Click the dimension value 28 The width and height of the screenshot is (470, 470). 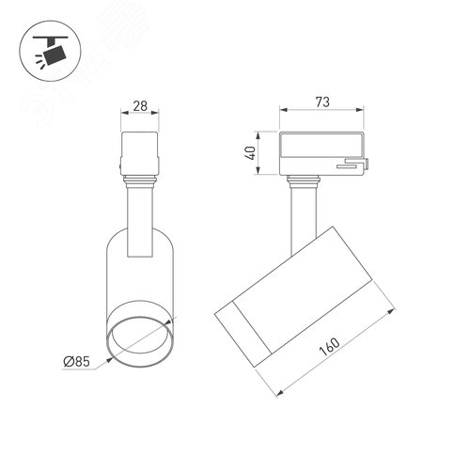pyautogui.click(x=140, y=106)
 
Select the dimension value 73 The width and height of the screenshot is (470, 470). pyautogui.click(x=322, y=102)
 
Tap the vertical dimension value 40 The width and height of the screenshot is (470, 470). pyautogui.click(x=251, y=153)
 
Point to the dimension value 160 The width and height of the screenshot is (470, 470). pyautogui.click(x=330, y=347)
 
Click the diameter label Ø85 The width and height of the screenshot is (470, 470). pyautogui.click(x=77, y=361)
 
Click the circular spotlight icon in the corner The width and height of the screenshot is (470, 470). pyautogui.click(x=50, y=51)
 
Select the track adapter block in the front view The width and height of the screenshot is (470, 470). pyautogui.click(x=140, y=152)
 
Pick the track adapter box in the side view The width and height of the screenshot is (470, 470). pyautogui.click(x=322, y=153)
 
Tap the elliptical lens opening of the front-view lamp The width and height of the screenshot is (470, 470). pyautogui.click(x=139, y=342)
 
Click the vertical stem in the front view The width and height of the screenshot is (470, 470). pyautogui.click(x=140, y=223)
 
